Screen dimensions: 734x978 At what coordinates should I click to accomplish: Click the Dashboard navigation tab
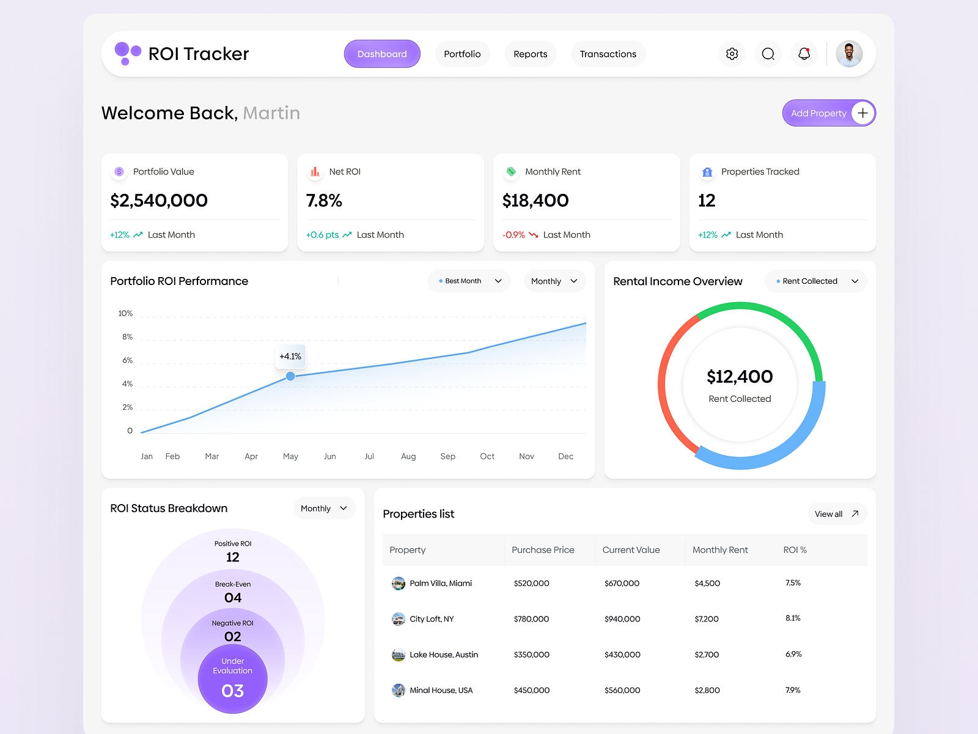click(382, 54)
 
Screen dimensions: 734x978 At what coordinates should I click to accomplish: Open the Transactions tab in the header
click(608, 54)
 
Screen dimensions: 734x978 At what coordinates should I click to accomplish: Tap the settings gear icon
click(732, 54)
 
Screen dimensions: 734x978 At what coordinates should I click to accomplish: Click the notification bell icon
click(804, 54)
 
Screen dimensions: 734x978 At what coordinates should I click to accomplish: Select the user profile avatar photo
click(849, 54)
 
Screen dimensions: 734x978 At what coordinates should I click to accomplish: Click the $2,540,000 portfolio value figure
click(159, 201)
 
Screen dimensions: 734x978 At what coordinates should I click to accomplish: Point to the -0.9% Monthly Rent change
click(513, 235)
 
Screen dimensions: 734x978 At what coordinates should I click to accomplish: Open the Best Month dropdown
click(469, 281)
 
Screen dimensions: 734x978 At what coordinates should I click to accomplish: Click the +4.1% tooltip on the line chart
click(290, 356)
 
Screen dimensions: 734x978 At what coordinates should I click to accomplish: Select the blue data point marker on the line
click(290, 376)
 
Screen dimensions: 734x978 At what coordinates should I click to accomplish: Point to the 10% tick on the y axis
click(125, 313)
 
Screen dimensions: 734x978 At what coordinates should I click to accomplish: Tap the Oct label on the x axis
click(487, 456)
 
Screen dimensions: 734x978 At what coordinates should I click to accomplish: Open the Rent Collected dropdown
click(816, 281)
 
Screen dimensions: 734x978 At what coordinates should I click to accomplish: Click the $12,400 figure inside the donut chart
click(740, 377)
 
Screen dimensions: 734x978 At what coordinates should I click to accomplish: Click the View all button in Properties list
click(837, 514)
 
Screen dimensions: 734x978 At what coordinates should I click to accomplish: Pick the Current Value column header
click(631, 550)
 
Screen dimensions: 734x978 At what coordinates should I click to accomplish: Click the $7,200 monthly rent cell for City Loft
click(707, 619)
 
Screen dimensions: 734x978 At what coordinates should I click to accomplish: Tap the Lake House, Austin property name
click(444, 654)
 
